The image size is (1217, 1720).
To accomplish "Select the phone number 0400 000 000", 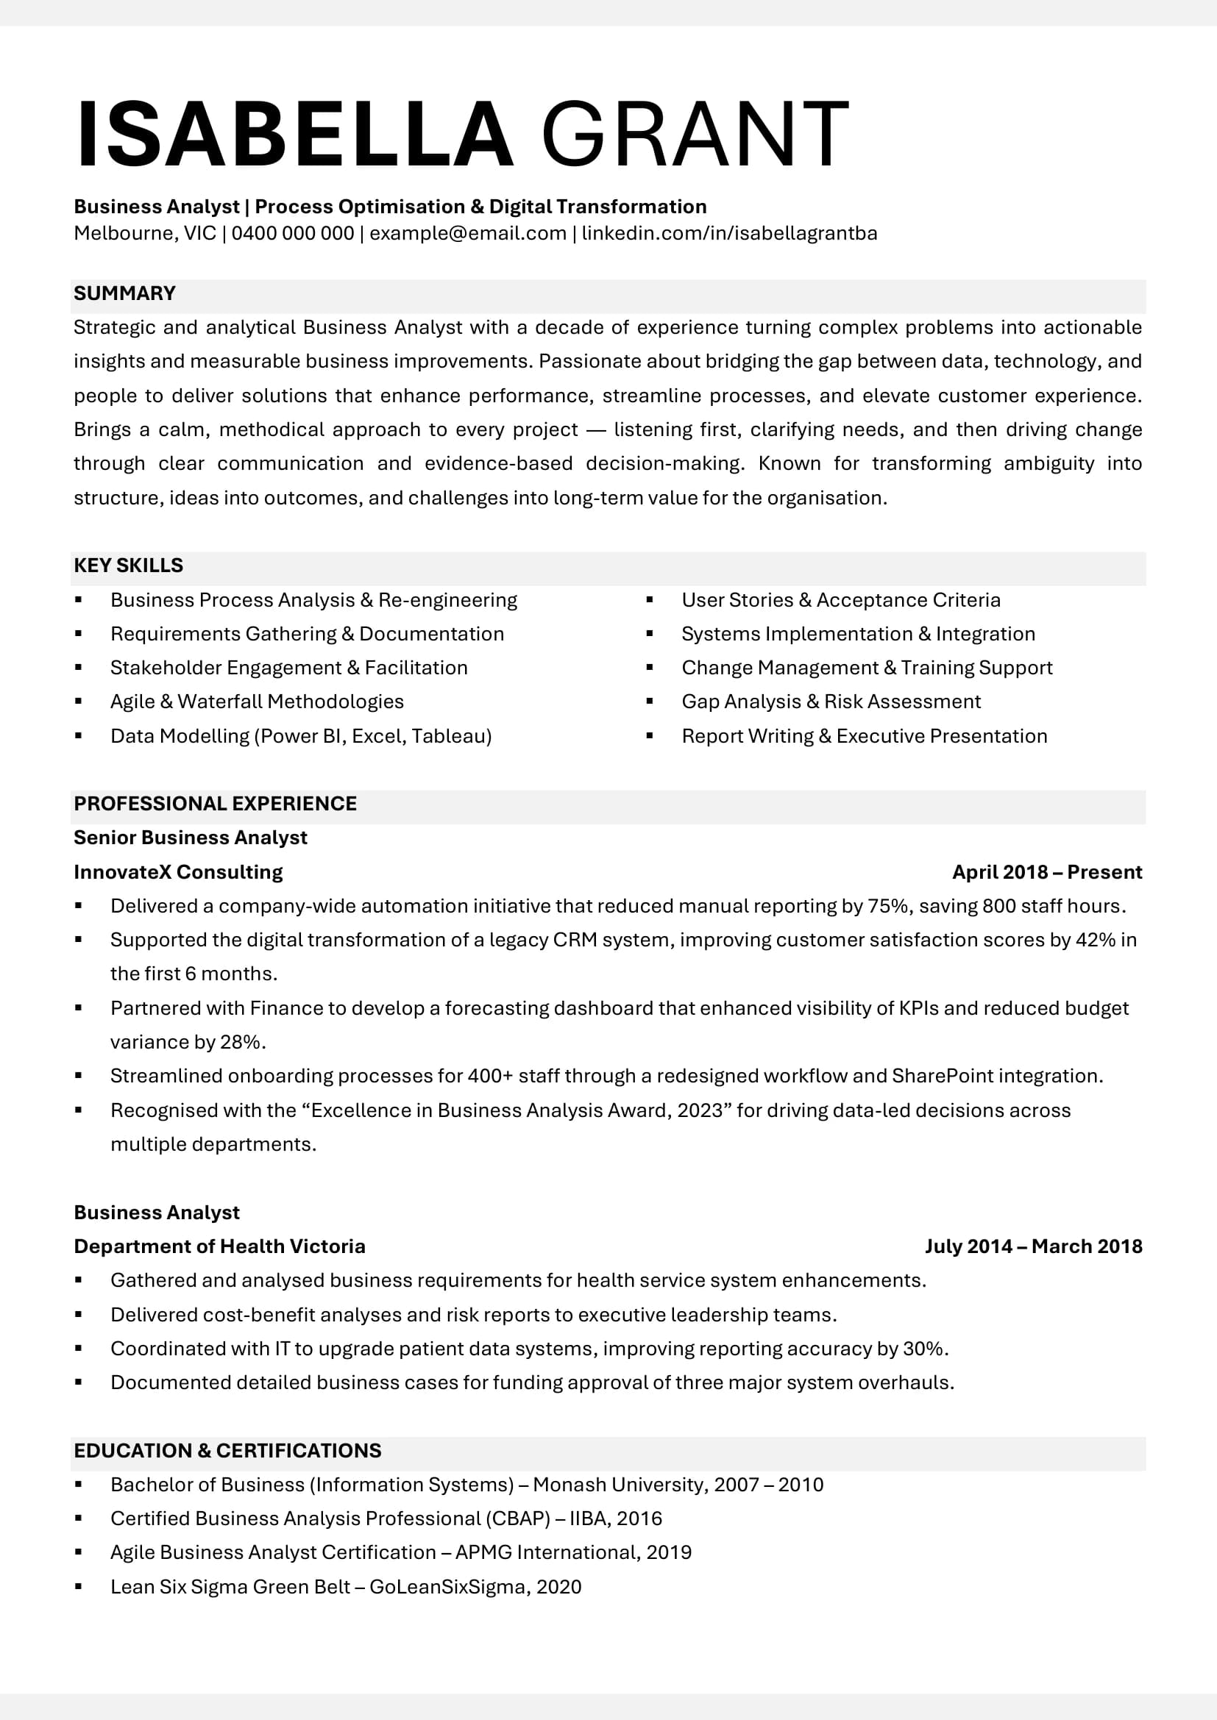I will click(x=292, y=233).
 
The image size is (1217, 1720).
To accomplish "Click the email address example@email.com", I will click(x=468, y=233).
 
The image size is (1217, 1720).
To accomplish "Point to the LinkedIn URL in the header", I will click(x=728, y=233).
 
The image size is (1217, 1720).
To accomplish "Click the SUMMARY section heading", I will click(x=124, y=293).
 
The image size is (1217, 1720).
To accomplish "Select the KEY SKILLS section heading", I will click(x=128, y=565).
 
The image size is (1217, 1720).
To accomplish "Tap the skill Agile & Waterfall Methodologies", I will click(x=256, y=702).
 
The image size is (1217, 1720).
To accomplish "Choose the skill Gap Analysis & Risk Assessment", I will click(x=830, y=702).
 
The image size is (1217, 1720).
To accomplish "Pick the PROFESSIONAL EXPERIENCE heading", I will click(x=215, y=803).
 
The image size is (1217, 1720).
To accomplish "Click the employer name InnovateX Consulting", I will click(x=178, y=872).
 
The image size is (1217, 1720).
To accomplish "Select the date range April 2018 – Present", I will click(x=1046, y=872).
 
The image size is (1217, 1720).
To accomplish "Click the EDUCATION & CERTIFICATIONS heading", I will click(x=227, y=1450).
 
